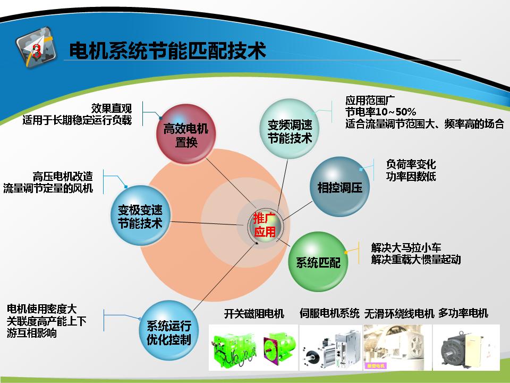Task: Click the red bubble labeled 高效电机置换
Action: pos(186,134)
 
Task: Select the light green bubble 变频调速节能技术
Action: pos(290,129)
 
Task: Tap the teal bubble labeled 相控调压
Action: pos(340,187)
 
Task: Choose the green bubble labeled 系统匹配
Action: pos(318,262)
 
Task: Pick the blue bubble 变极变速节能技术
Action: pos(140,215)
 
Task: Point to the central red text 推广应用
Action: pos(265,225)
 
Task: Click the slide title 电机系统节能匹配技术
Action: pos(167,51)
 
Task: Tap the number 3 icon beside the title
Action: pos(36,48)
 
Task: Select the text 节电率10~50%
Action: pos(380,112)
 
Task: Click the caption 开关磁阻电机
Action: pos(254,314)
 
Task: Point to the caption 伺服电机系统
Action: pos(329,313)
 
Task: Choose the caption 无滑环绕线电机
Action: pos(399,313)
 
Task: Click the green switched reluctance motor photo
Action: pos(253,347)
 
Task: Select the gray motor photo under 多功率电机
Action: pos(466,347)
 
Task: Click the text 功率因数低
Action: pos(411,177)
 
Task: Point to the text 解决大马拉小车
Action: pos(406,247)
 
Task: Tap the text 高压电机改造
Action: pos(63,177)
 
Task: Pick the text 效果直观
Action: pos(112,108)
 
